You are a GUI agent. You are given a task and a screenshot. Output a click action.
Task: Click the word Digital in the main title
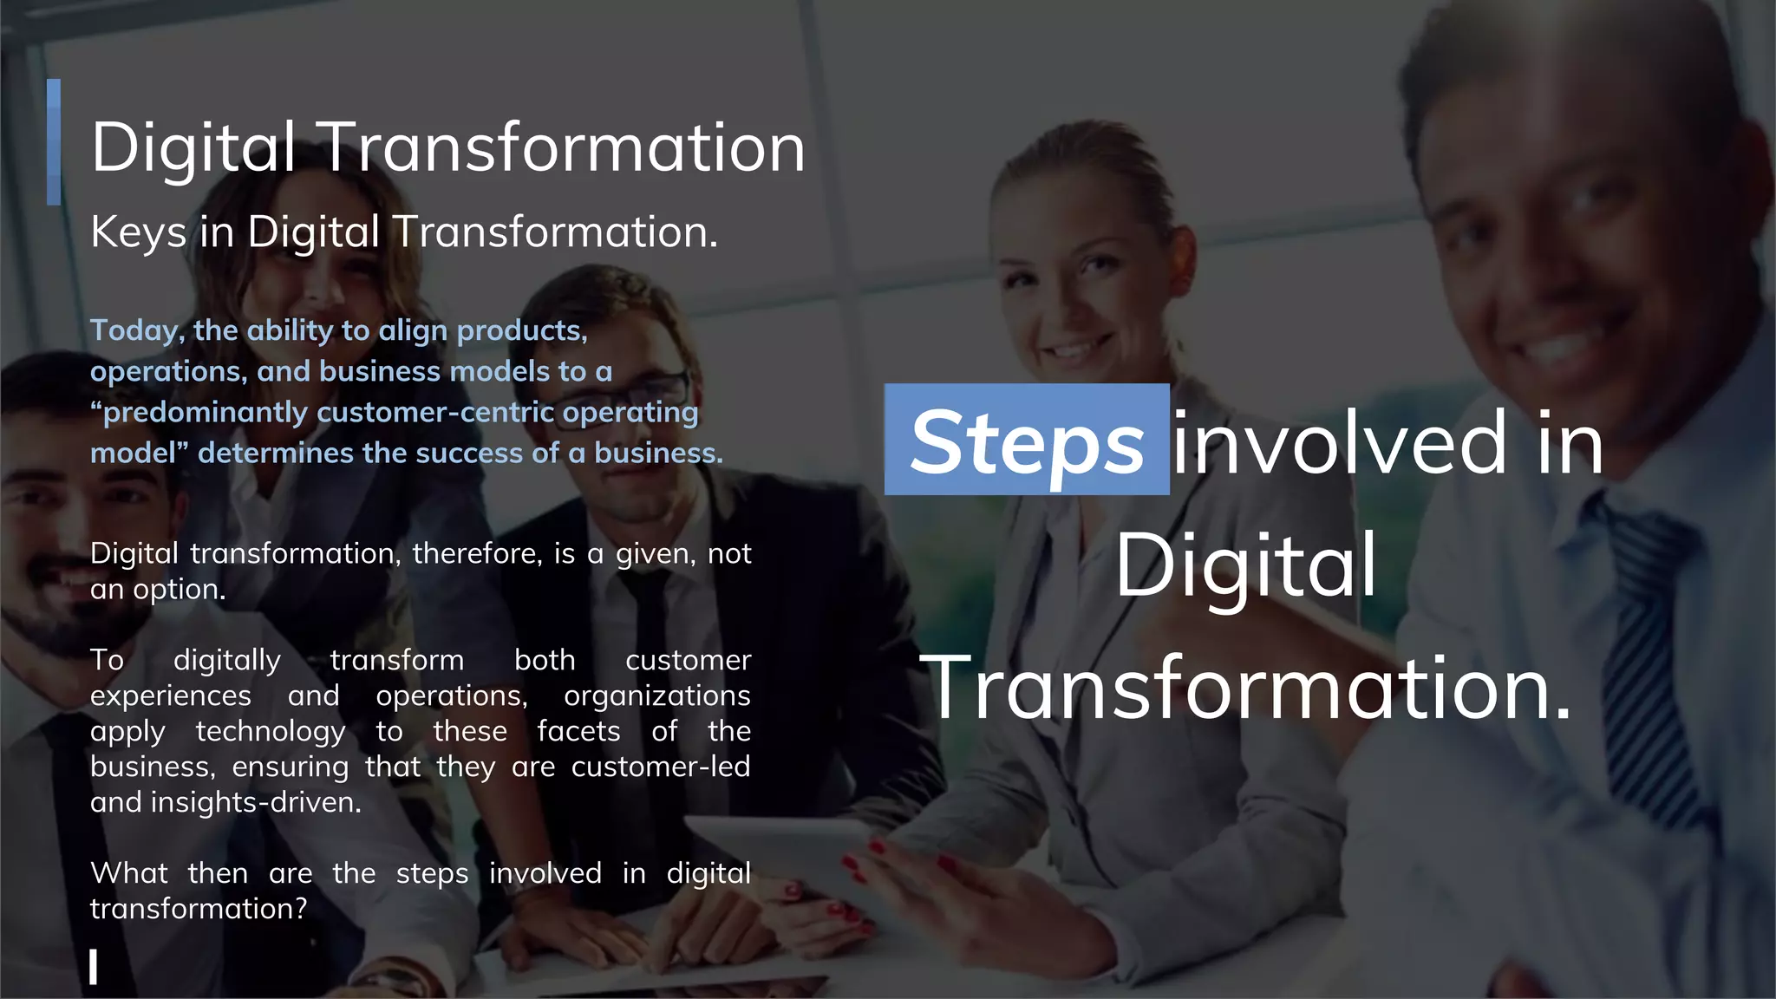click(193, 148)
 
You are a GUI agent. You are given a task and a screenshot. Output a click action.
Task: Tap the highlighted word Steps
click(1027, 442)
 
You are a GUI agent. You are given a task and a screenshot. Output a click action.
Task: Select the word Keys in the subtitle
click(139, 232)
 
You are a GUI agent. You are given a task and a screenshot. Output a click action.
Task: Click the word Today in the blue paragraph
click(135, 331)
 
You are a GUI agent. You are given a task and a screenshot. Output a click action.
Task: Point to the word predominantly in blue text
click(204, 412)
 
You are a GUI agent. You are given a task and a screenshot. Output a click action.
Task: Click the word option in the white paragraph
click(179, 590)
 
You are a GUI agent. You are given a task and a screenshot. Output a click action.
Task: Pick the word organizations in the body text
click(656, 696)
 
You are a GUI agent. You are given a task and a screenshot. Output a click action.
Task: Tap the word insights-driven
click(256, 802)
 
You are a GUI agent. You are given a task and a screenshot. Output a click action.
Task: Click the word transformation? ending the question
click(199, 909)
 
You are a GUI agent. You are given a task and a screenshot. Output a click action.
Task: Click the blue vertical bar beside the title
click(54, 142)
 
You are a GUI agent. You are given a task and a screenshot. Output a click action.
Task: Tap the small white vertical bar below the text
click(93, 966)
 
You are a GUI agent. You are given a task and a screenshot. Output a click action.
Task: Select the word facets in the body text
click(578, 732)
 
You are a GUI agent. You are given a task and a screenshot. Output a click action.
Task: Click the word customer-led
click(660, 767)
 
